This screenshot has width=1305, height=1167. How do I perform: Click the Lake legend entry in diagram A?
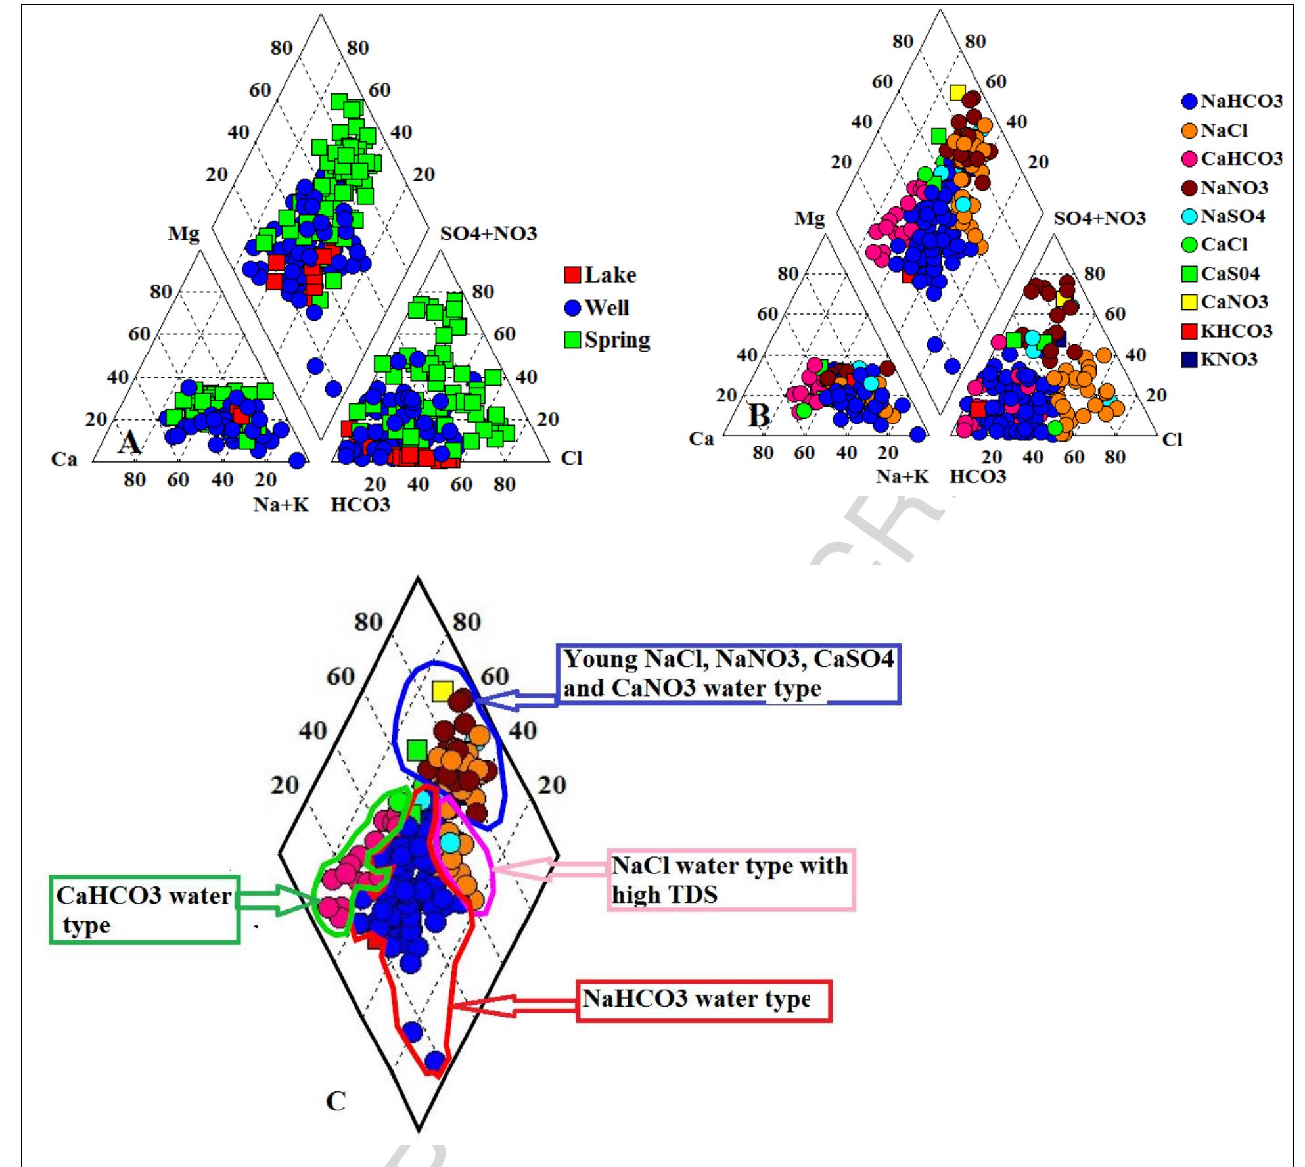601,275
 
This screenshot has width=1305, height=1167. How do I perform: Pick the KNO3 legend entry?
1220,359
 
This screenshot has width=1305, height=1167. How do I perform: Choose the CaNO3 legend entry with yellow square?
1225,302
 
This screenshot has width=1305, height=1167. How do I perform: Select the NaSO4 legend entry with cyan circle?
1224,216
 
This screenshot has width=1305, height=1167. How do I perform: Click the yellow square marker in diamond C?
443,691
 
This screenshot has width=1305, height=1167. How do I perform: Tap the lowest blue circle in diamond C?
434,1061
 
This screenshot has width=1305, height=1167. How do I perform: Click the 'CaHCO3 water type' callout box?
145,909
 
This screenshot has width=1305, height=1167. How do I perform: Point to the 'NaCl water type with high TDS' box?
731,880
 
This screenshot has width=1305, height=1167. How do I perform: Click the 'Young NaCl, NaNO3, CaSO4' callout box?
728,674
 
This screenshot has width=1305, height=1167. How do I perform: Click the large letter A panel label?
129,442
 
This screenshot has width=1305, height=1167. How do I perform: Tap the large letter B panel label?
759,415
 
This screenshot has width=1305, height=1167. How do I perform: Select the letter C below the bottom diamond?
336,1100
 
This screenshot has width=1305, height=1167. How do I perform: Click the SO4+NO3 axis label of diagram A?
488,233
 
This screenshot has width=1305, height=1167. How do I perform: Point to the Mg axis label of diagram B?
809,217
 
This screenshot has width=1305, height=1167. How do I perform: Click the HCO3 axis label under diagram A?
360,505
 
